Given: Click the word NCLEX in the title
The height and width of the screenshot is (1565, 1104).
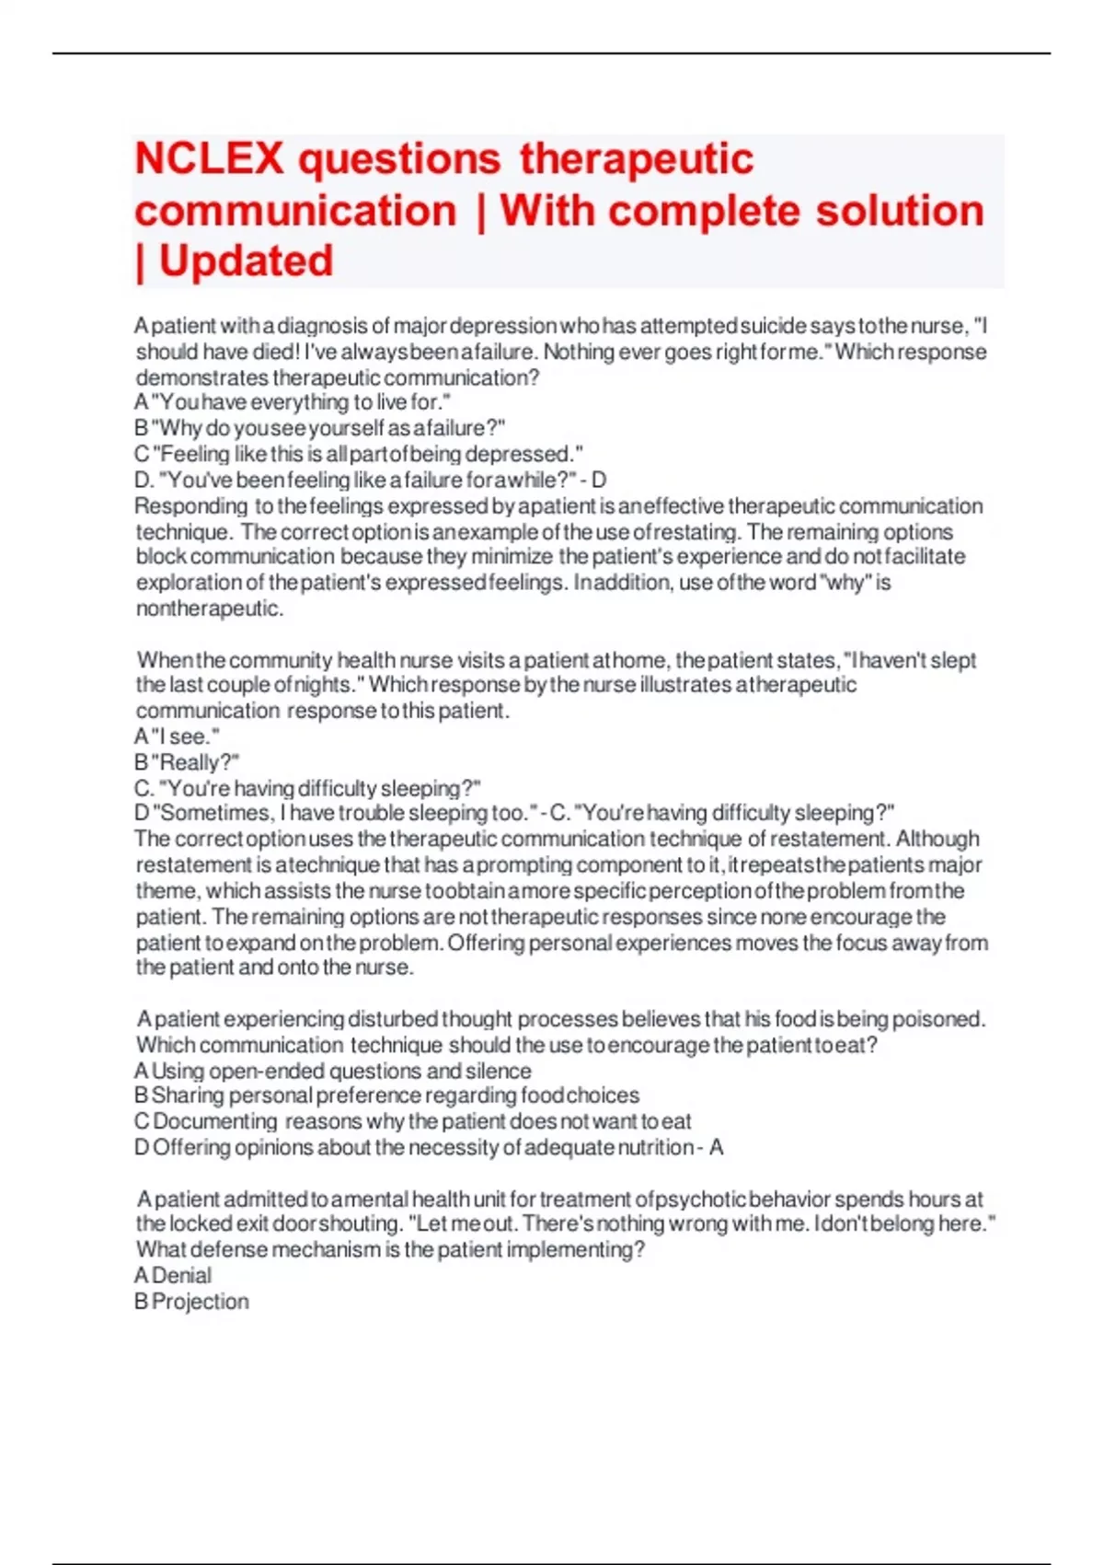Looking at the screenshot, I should (x=209, y=159).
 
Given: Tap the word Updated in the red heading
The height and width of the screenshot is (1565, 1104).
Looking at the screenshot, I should (x=246, y=261).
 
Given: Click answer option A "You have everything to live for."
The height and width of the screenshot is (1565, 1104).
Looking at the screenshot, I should (x=293, y=403).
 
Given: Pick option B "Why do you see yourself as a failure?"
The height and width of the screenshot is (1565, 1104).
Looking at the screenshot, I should (x=319, y=429).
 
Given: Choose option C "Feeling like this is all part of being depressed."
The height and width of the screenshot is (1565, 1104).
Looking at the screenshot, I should (x=359, y=455).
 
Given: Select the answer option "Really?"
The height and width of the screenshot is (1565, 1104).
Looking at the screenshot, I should (x=187, y=763).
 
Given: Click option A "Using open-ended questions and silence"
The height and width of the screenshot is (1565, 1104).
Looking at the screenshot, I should (x=332, y=1072).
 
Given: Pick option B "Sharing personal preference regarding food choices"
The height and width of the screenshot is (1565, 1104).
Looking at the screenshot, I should (x=386, y=1096).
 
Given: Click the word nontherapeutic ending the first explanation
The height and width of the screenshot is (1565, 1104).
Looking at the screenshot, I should (x=209, y=609).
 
